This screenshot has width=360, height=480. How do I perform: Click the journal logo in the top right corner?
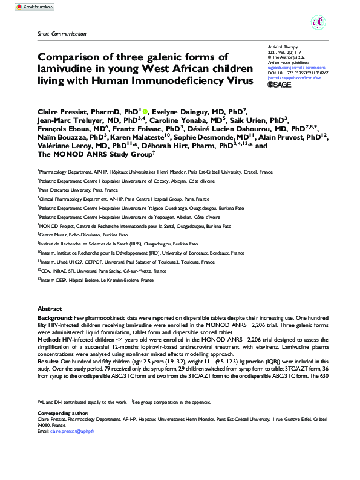pyautogui.click(x=318, y=24)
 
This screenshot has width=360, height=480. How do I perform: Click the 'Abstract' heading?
pyautogui.click(x=50, y=308)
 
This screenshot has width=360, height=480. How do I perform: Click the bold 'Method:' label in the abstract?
pyautogui.click(x=49, y=341)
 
